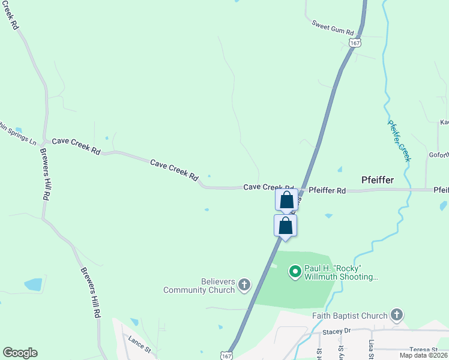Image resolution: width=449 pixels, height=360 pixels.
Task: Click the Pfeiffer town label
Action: click(x=377, y=179)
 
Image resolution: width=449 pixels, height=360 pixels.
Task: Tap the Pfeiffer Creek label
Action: click(x=399, y=140)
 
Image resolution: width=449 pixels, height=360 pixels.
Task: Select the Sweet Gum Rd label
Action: click(x=333, y=27)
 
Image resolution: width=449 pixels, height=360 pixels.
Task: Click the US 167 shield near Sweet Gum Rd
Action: click(x=355, y=44)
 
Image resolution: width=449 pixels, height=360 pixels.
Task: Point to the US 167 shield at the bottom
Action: click(x=225, y=355)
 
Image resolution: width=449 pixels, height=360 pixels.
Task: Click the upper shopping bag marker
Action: click(x=286, y=200)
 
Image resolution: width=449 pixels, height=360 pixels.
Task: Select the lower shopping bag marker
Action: click(x=285, y=226)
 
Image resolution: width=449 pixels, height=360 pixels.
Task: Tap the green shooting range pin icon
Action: click(x=295, y=272)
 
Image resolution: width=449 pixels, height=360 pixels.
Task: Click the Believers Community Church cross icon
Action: click(x=244, y=284)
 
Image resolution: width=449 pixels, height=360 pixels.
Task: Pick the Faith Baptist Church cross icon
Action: click(x=396, y=315)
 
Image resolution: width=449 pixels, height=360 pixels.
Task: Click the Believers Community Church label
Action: click(x=200, y=286)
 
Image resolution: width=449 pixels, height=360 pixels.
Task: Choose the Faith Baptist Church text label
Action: click(x=349, y=316)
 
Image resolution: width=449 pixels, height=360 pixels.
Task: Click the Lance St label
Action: click(x=139, y=346)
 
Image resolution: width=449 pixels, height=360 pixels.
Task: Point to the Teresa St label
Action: click(x=424, y=349)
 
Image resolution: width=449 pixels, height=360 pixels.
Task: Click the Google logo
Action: click(x=20, y=353)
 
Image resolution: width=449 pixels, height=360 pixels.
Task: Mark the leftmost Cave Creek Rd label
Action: click(x=76, y=146)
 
